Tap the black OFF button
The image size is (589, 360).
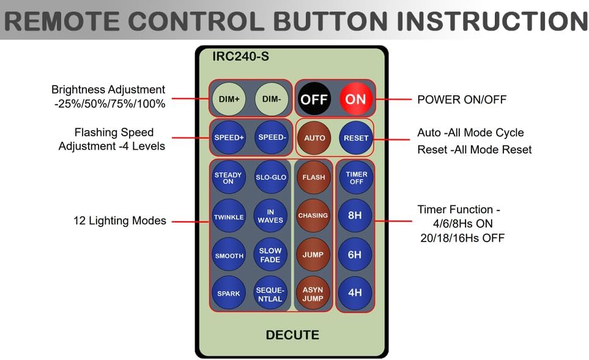tap(314, 99)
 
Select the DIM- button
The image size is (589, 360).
tap(270, 99)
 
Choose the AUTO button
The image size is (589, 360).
tap(314, 138)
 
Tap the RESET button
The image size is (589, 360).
tap(356, 138)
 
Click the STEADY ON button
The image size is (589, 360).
tap(228, 178)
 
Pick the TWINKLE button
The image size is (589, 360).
tap(228, 217)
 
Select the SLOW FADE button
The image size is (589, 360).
tap(270, 255)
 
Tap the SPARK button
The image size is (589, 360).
tap(228, 293)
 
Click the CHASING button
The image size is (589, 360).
tap(313, 216)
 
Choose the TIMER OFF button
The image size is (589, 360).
tap(356, 178)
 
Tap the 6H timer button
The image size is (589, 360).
tap(355, 254)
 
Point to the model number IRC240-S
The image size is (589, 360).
tap(240, 57)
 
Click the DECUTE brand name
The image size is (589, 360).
tap(292, 335)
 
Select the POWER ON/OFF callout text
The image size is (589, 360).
tap(462, 99)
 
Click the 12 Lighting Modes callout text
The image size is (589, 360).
tap(120, 221)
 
